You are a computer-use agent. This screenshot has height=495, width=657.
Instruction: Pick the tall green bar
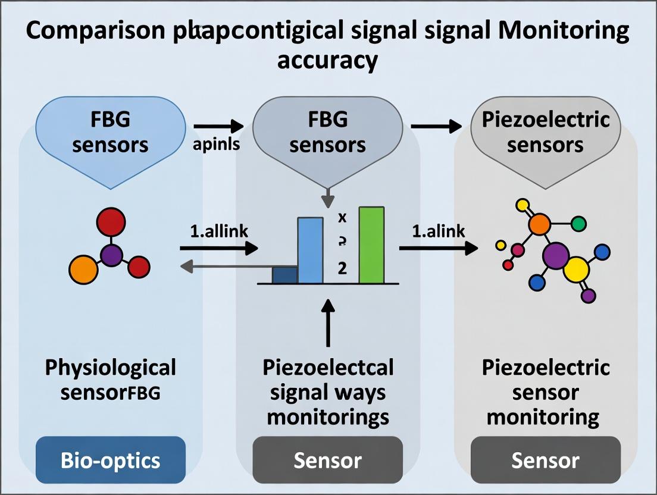[x=371, y=245]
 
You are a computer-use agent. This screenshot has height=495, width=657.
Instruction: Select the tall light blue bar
[x=310, y=250]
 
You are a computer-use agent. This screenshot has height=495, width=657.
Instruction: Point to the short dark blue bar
[x=284, y=275]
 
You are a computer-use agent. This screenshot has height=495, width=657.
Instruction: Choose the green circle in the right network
[x=578, y=224]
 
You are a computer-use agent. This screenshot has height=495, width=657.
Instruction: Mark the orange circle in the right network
[x=539, y=224]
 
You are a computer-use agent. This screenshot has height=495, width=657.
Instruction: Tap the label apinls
[x=216, y=145]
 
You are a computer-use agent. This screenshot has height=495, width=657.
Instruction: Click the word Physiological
[x=111, y=367]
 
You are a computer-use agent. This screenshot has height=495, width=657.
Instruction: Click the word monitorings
[x=328, y=417]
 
